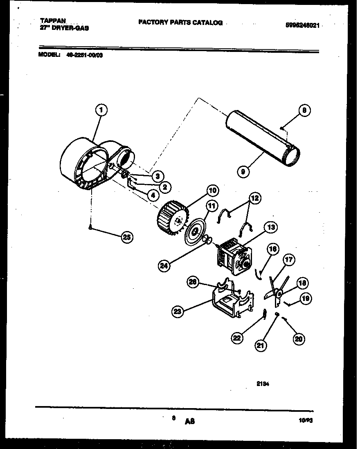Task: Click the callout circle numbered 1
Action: coord(101,110)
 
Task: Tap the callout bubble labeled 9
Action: coord(243,172)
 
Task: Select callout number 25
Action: coord(127,238)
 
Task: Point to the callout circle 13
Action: coord(272,227)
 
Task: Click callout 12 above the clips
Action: coord(254,198)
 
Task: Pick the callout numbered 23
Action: coord(177,312)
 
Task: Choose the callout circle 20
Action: coord(299,339)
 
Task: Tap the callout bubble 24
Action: coord(164,265)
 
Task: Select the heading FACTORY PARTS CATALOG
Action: coord(180,23)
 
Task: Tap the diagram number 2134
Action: coord(262,384)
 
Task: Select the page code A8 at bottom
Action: coord(189,421)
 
